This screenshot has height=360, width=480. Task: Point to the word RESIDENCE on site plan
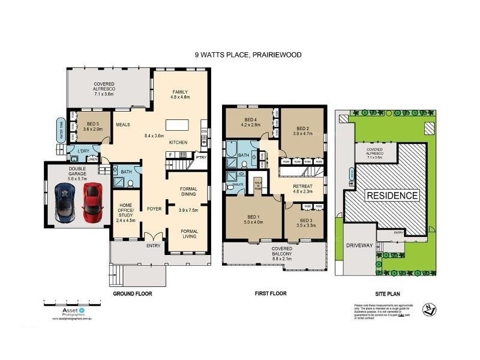[392, 196]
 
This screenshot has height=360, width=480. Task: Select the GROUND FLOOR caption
[132, 294]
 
